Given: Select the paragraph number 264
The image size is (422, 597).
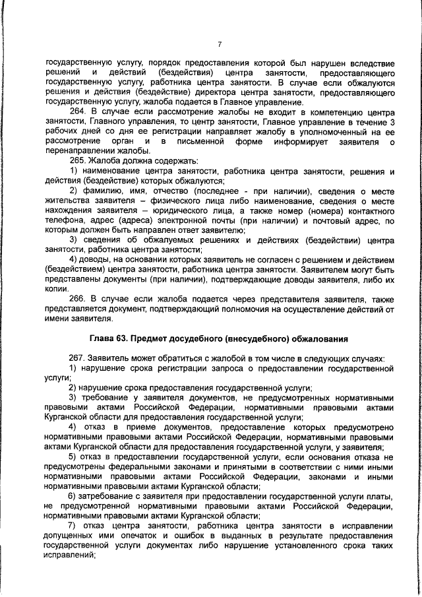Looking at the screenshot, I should click(x=78, y=113).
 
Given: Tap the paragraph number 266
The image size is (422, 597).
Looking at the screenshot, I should click(x=78, y=298).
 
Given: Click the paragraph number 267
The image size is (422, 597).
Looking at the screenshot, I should click(x=78, y=357).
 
